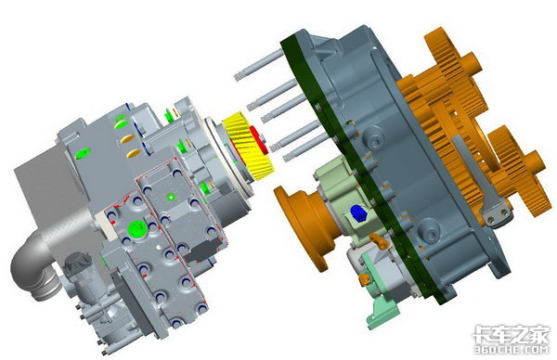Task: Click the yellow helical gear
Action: pyautogui.click(x=245, y=146)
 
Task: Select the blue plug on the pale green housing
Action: pyautogui.click(x=358, y=213)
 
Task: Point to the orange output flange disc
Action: pyautogui.click(x=301, y=227)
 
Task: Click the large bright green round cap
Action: pyautogui.click(x=137, y=229)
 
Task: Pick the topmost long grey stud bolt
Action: pyautogui.click(x=259, y=65)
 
